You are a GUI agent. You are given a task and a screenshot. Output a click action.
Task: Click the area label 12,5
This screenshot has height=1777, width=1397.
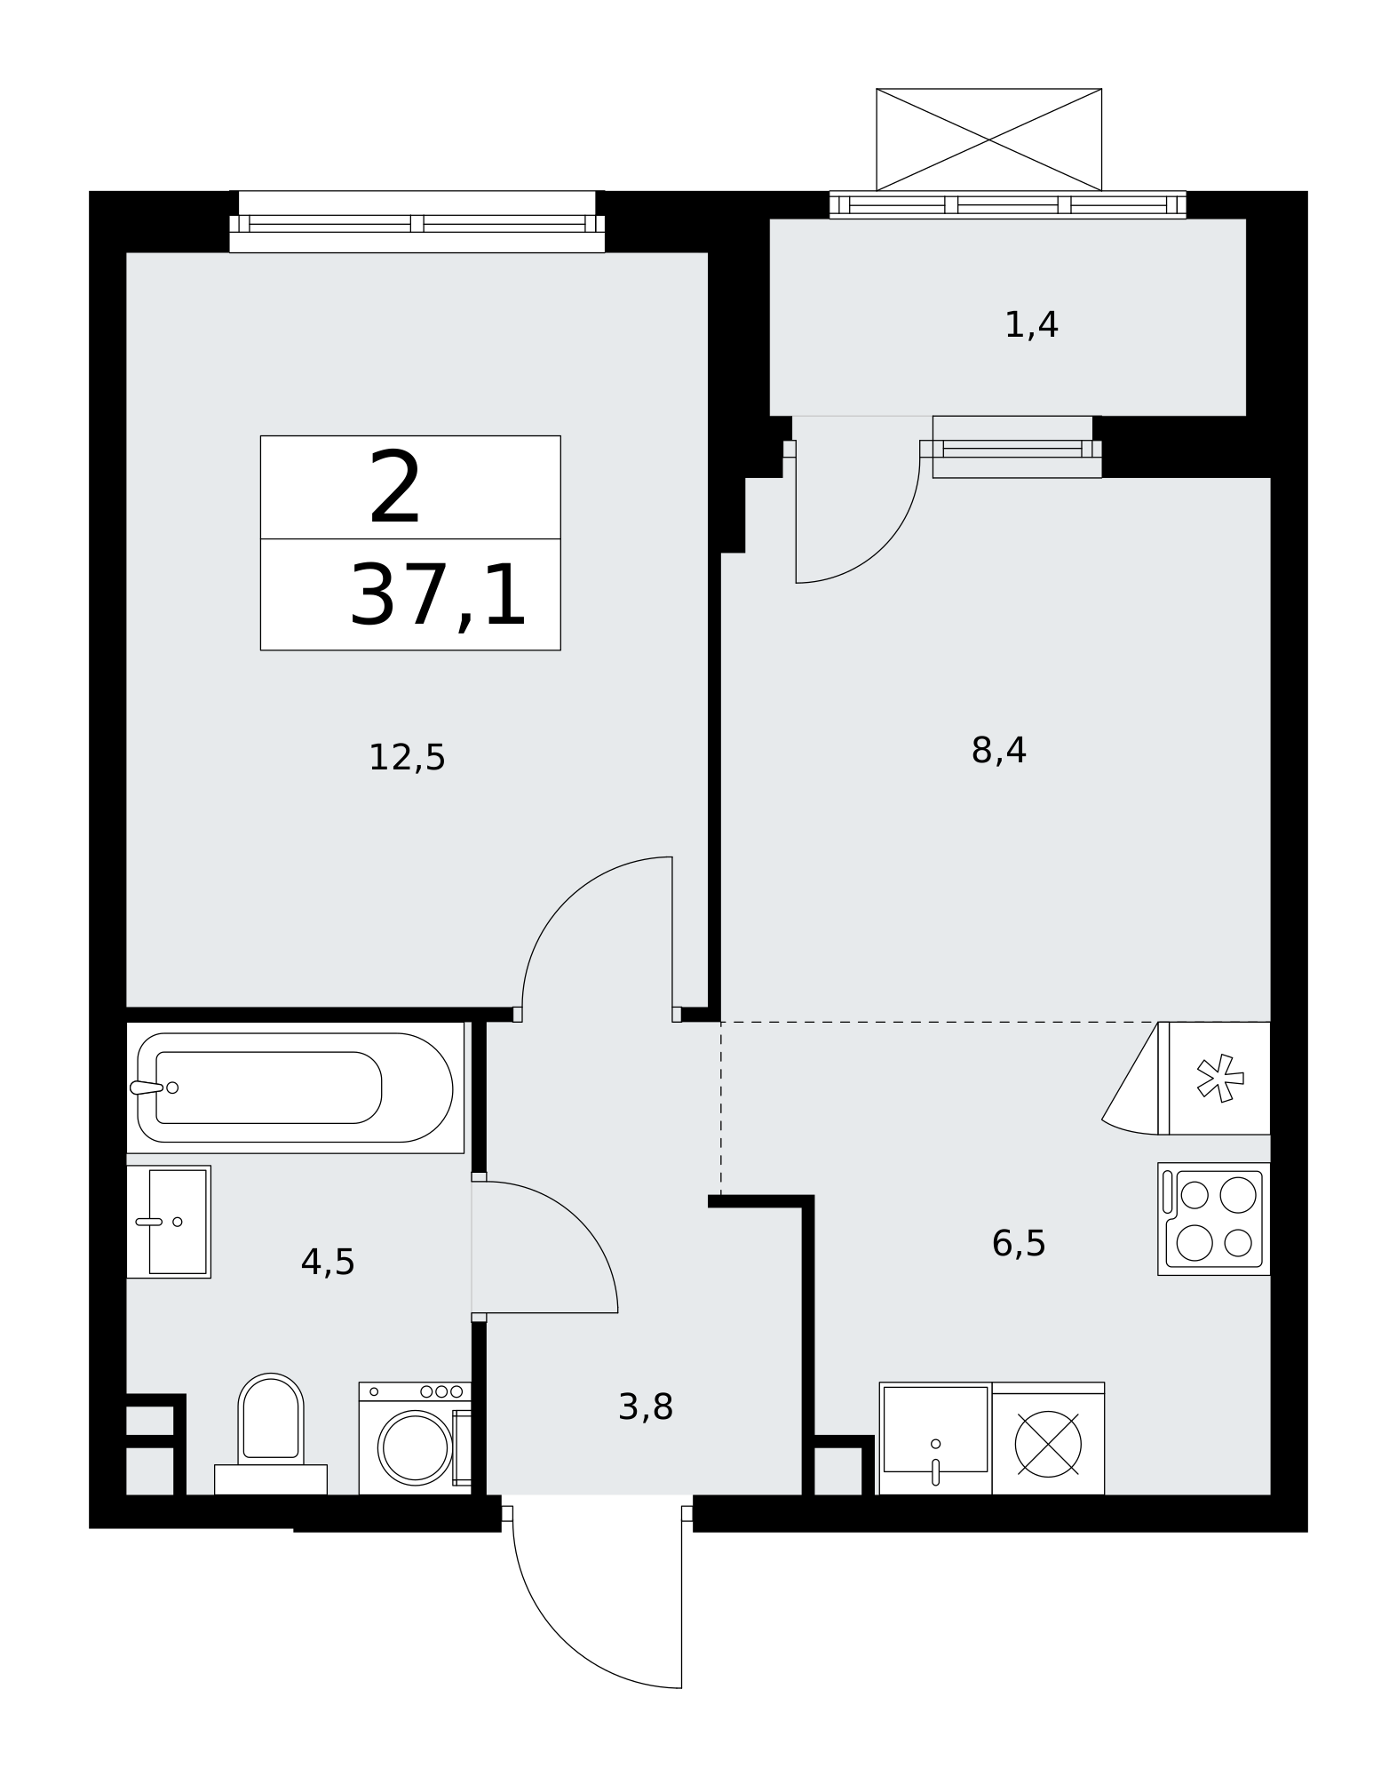point(407,758)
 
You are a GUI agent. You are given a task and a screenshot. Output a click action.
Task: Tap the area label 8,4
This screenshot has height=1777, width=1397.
point(998,751)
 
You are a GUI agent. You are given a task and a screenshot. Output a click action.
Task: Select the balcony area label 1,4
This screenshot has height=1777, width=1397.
point(1031,325)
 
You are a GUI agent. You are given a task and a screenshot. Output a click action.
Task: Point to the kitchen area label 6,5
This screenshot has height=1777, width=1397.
point(1019,1243)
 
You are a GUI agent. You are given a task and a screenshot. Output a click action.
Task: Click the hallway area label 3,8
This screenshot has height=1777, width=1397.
point(646,1406)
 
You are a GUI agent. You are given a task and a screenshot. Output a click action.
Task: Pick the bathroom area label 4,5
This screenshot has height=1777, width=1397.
point(328,1262)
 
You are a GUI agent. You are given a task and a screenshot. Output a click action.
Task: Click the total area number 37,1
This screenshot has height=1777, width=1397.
point(439,596)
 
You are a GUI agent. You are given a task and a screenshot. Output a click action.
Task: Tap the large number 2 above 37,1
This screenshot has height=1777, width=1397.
point(394,488)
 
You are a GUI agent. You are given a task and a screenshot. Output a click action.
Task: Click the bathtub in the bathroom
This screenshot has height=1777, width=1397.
point(295,1088)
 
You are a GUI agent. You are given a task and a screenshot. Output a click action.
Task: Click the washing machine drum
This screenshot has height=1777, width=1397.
point(415,1447)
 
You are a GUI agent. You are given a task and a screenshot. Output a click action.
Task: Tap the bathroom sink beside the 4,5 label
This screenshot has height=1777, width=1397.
point(169,1222)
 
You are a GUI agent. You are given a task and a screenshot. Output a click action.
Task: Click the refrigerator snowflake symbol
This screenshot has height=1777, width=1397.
point(1220,1078)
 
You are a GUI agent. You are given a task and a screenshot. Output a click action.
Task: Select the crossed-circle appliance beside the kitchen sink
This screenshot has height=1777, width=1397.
point(1048,1444)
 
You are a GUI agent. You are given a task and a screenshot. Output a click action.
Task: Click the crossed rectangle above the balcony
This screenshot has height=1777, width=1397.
point(988,139)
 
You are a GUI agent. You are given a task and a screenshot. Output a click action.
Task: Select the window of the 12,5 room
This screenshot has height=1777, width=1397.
point(417,223)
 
